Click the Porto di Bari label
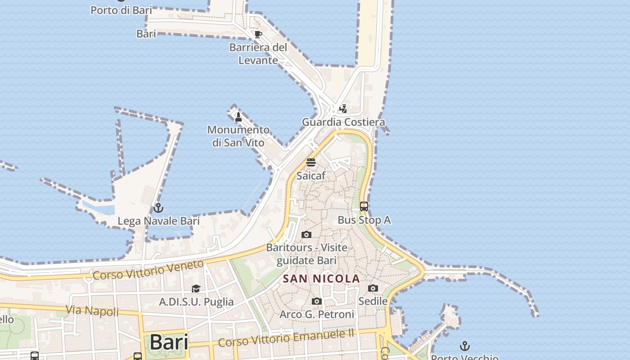121,10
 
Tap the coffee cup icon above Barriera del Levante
258,34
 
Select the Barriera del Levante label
258,54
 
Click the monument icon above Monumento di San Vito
238,117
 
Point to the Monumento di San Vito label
238,136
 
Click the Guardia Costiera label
343,122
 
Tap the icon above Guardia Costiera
343,109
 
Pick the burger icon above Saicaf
310,162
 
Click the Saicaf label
310,175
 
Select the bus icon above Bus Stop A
364,207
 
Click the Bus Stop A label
364,220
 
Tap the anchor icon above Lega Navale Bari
158,208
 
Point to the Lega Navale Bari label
158,221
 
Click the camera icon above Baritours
306,234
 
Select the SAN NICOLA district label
321,279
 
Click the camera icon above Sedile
373,288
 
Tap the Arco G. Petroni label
317,314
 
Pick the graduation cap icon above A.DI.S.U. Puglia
196,288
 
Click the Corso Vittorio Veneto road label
148,270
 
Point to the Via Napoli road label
92,310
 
